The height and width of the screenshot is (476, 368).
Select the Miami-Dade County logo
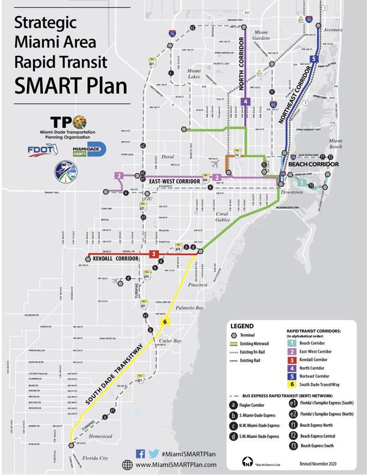88,149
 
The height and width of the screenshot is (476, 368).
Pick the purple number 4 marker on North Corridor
245,102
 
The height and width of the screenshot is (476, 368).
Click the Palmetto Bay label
191,308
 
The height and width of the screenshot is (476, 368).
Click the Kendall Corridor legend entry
313,358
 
